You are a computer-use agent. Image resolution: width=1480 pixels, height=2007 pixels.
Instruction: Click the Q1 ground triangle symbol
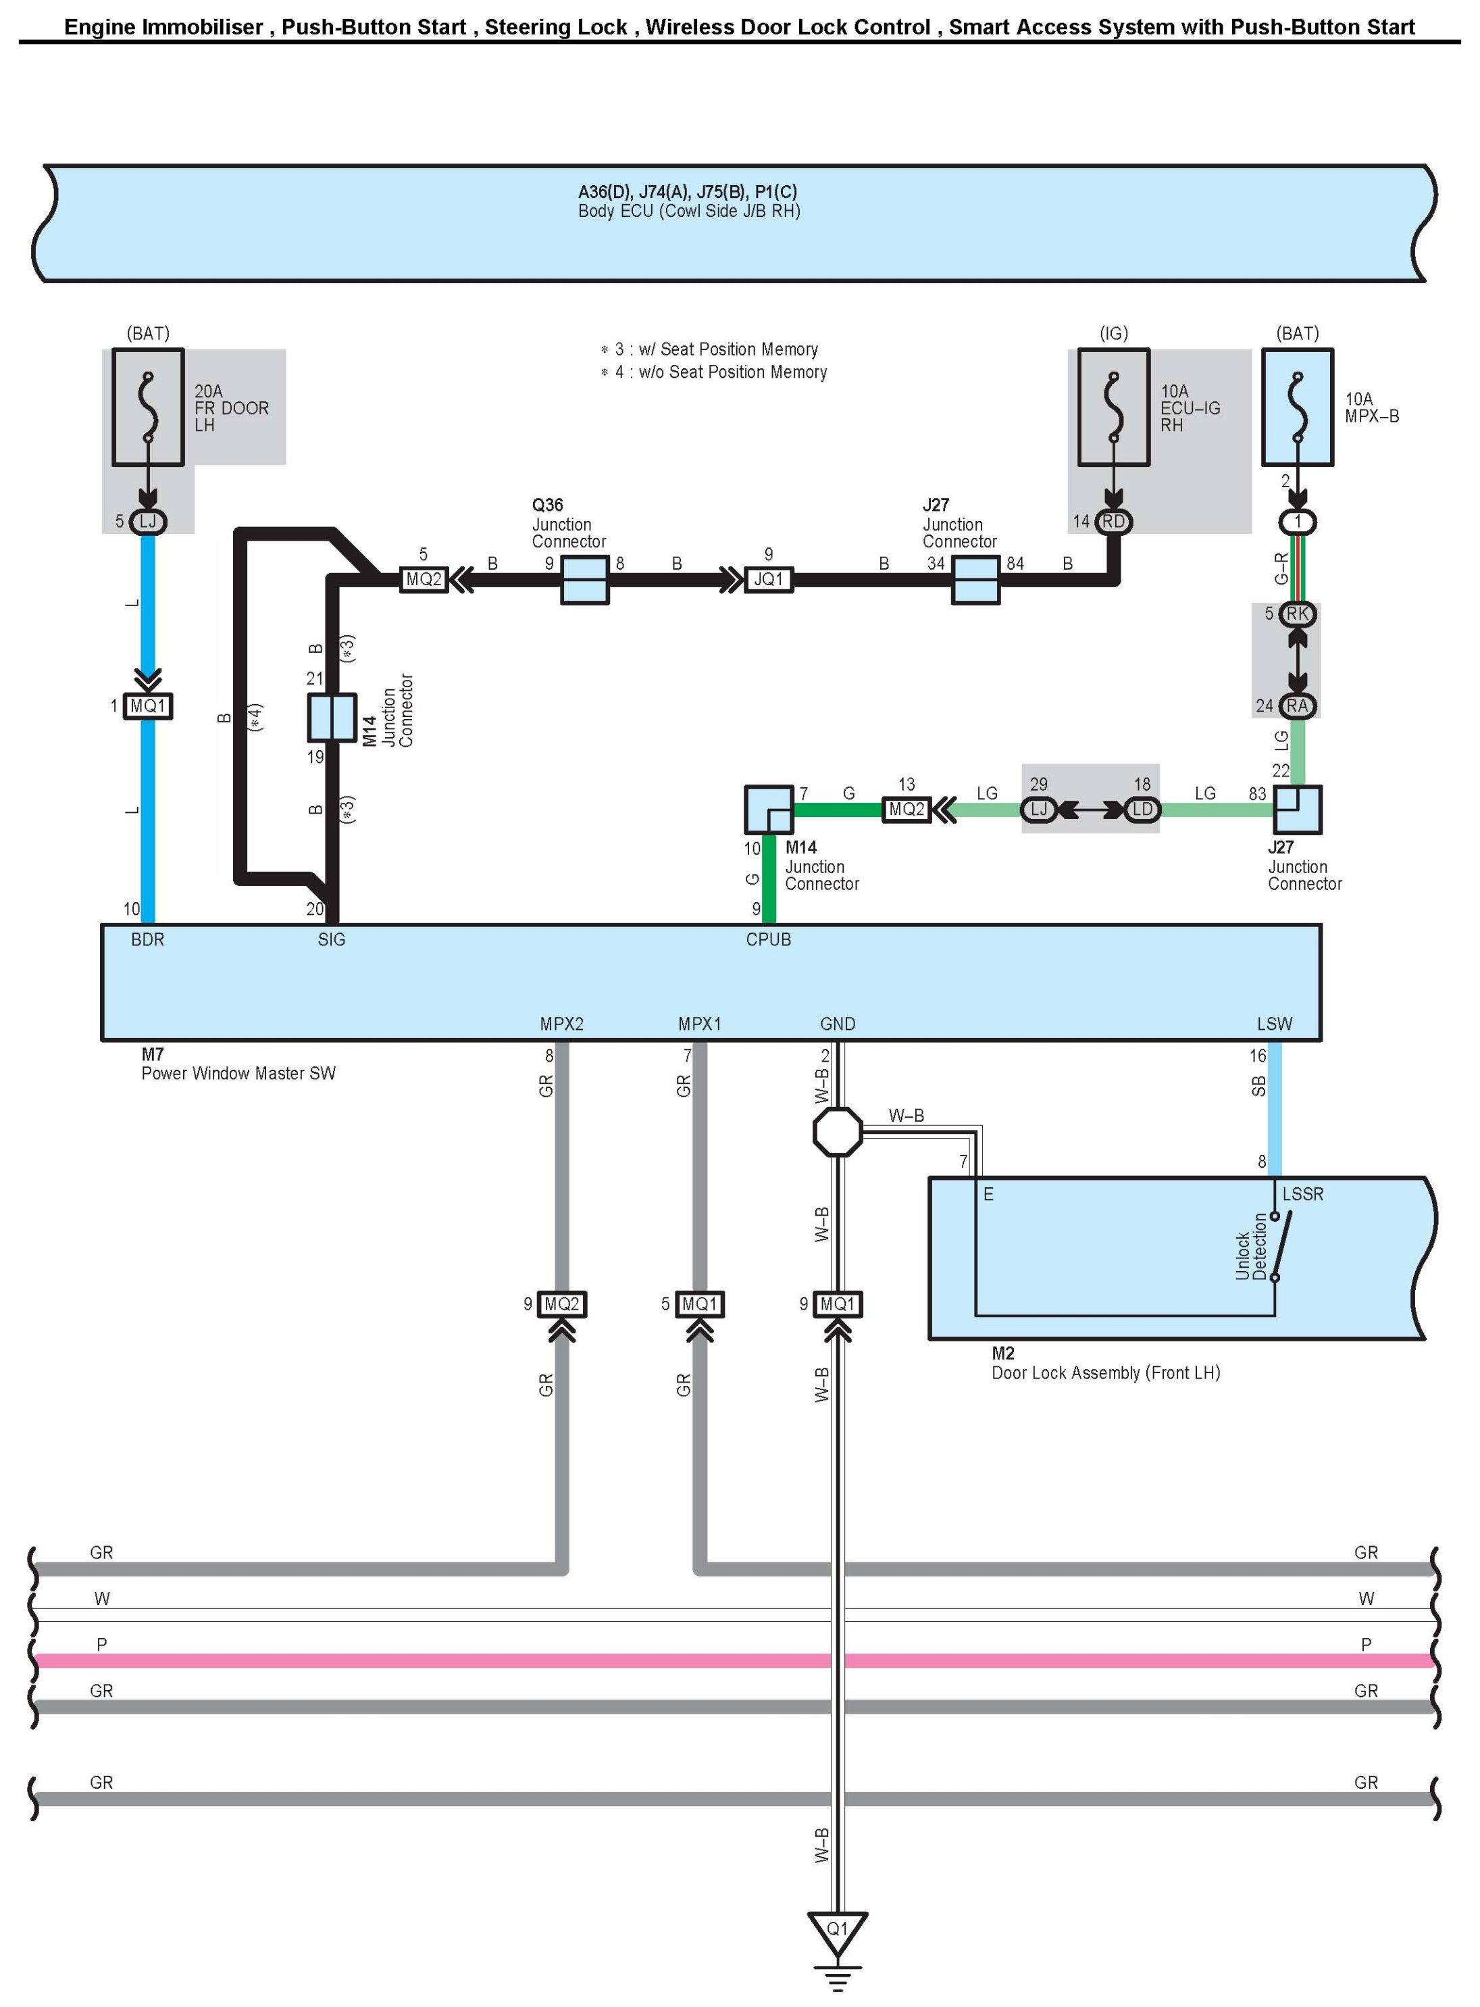pyautogui.click(x=837, y=1933)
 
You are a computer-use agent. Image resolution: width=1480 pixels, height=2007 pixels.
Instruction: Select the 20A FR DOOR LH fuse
pyautogui.click(x=148, y=407)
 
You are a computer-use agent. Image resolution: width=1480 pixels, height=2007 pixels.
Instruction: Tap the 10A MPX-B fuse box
pyautogui.click(x=1297, y=407)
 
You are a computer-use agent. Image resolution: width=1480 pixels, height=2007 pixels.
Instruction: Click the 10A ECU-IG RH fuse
pyautogui.click(x=1114, y=407)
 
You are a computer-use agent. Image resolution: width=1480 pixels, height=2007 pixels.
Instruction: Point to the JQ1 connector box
pyautogui.click(x=769, y=580)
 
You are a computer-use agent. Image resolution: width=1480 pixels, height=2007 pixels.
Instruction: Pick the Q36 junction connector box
pyautogui.click(x=584, y=580)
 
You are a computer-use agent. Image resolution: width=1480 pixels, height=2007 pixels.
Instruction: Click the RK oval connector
pyautogui.click(x=1297, y=614)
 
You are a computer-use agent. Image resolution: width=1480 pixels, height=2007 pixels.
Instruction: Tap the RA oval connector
pyautogui.click(x=1297, y=706)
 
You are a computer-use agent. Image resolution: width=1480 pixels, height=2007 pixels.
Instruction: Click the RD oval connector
pyautogui.click(x=1114, y=522)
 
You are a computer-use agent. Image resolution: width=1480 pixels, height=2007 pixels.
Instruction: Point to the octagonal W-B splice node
pyautogui.click(x=838, y=1133)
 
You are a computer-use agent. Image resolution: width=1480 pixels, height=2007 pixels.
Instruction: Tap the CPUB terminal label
pyautogui.click(x=769, y=940)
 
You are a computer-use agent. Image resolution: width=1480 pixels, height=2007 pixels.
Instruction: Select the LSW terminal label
pyautogui.click(x=1274, y=1024)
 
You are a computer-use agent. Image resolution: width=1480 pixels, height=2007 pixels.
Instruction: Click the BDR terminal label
pyautogui.click(x=148, y=940)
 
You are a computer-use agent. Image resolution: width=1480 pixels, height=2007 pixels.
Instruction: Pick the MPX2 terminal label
pyautogui.click(x=562, y=1024)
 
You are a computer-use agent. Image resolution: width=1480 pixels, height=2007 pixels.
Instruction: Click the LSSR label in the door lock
pyautogui.click(x=1302, y=1194)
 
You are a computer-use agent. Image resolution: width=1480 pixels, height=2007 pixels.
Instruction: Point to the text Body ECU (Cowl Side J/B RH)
pyautogui.click(x=689, y=212)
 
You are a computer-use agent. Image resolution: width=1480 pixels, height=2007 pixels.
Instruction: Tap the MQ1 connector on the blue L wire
pyautogui.click(x=148, y=706)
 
